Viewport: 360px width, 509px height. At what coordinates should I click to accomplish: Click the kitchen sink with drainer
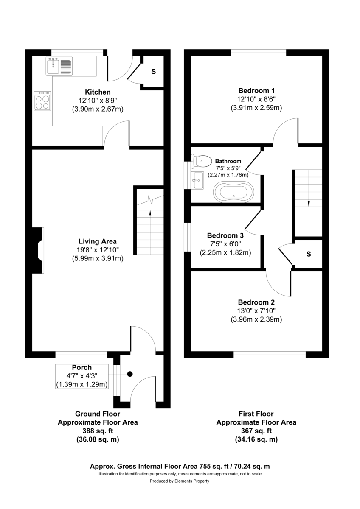click(59, 65)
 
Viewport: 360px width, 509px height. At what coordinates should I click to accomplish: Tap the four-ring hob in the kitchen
click(42, 101)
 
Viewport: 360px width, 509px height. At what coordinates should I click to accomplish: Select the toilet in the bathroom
click(203, 161)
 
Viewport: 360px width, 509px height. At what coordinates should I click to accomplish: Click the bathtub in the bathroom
click(234, 192)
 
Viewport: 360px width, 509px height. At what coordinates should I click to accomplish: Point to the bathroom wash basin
click(197, 180)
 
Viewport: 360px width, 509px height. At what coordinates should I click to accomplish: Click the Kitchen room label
click(98, 92)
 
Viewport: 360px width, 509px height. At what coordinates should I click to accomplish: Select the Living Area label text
click(98, 241)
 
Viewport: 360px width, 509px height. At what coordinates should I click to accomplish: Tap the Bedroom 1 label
click(256, 90)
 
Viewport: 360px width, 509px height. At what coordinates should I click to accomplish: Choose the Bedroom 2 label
click(256, 302)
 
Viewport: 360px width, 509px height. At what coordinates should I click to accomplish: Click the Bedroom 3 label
click(225, 235)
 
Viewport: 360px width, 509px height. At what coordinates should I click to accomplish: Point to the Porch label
click(82, 367)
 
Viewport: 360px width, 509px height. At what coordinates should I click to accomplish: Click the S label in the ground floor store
click(154, 72)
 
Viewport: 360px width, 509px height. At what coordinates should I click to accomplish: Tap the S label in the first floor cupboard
click(309, 254)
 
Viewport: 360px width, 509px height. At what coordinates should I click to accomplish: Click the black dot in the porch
click(130, 374)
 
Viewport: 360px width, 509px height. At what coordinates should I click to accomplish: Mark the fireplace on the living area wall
click(38, 250)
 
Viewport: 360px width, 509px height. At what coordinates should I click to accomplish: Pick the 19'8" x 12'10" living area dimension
click(98, 250)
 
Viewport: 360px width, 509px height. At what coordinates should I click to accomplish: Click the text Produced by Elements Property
click(180, 481)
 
